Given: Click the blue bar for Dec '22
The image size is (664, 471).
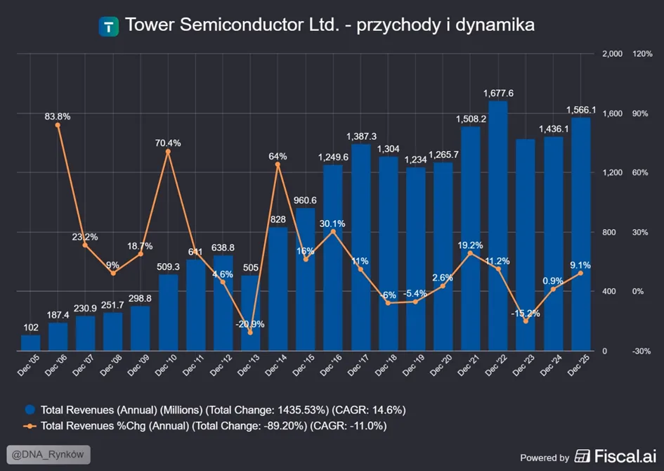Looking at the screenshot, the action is (x=498, y=226).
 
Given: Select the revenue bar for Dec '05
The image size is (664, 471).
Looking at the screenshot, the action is (x=30, y=343).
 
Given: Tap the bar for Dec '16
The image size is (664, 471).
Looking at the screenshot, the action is (x=333, y=257).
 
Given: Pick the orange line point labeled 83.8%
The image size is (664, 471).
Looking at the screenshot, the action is (x=58, y=125).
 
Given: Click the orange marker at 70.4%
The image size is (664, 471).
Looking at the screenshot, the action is (x=168, y=152).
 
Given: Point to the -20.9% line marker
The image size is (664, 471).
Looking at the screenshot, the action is (x=250, y=333).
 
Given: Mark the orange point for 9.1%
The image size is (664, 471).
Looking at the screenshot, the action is (x=580, y=273).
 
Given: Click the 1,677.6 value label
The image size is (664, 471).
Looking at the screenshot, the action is (x=498, y=93).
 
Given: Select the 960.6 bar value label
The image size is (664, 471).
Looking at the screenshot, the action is (x=305, y=200).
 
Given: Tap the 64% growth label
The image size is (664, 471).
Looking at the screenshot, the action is (x=278, y=156).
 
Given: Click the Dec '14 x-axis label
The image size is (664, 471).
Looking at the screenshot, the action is (x=276, y=365).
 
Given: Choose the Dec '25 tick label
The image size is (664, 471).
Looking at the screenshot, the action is (x=578, y=365).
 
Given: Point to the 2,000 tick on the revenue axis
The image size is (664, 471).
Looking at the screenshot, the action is (x=612, y=54).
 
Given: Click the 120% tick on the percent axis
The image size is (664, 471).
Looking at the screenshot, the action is (x=642, y=54).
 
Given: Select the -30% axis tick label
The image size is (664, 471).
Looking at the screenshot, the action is (x=642, y=351).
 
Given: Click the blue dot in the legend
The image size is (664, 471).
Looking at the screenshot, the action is (x=30, y=410).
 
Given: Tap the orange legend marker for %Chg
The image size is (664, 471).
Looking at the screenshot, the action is (x=30, y=426).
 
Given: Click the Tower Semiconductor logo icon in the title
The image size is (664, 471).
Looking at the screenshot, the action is (x=109, y=27).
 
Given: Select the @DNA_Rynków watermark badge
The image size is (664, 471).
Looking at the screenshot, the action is (x=48, y=455).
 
